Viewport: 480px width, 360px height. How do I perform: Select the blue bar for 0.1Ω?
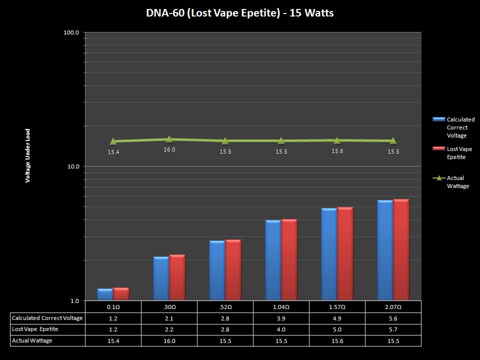pyautogui.click(x=105, y=294)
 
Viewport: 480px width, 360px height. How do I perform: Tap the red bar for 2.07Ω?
pyautogui.click(x=401, y=250)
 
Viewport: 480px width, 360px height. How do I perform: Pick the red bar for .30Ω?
pyautogui.click(x=177, y=277)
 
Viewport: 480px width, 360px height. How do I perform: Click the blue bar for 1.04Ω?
pyautogui.click(x=273, y=260)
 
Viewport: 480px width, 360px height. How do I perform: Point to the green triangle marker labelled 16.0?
pyautogui.click(x=169, y=139)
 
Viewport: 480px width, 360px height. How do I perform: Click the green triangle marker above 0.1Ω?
pyautogui.click(x=113, y=141)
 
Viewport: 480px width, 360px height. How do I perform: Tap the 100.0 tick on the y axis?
pyautogui.click(x=71, y=32)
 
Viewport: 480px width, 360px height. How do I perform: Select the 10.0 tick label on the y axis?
pyautogui.click(x=73, y=166)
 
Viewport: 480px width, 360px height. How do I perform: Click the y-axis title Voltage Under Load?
pyautogui.click(x=28, y=155)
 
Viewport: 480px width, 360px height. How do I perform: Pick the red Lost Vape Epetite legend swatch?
pyautogui.click(x=438, y=149)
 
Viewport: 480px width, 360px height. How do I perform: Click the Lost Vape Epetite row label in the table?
pyautogui.click(x=35, y=329)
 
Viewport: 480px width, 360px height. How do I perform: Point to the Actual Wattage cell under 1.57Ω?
pyautogui.click(x=337, y=340)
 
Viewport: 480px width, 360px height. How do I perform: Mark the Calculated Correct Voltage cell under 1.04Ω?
pyautogui.click(x=281, y=318)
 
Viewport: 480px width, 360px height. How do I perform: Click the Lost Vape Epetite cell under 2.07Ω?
pyautogui.click(x=393, y=329)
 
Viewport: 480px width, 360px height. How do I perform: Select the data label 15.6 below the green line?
pyautogui.click(x=337, y=151)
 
